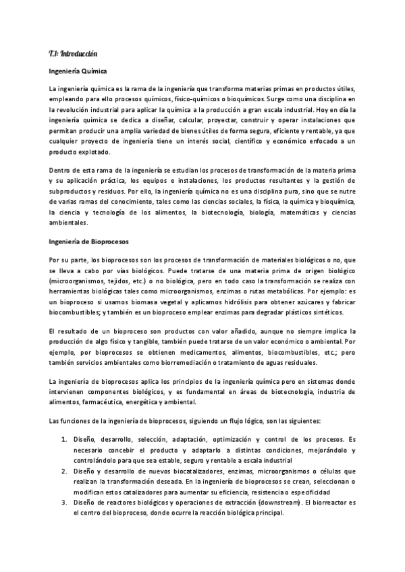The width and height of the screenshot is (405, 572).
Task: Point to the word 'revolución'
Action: click(x=75, y=109)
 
